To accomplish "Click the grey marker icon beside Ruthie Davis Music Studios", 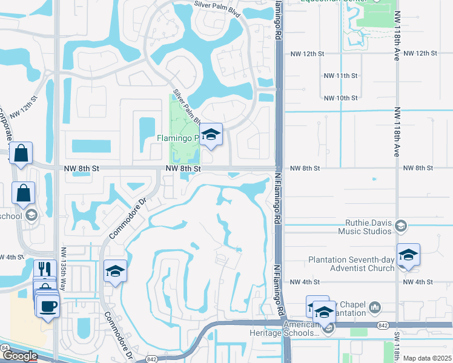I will point(400,226).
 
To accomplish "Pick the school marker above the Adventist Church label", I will point(408,255).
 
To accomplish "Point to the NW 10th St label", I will point(341,98).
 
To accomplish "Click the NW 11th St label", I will point(341,76).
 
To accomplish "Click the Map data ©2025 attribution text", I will point(427,358).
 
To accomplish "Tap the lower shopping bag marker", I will point(24,194).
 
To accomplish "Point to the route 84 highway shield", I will point(5,348).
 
